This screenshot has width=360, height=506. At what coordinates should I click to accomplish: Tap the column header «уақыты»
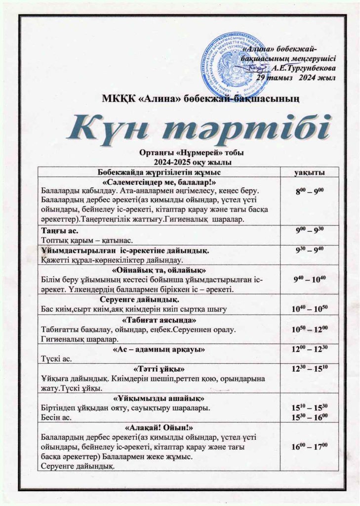309,171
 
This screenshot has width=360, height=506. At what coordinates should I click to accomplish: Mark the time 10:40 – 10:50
309,309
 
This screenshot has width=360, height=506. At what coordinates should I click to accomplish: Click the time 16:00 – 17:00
309,447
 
